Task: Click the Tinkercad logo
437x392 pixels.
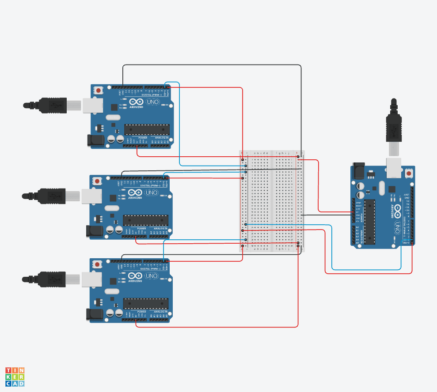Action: click(x=15, y=377)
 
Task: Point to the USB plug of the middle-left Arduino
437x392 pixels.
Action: click(x=44, y=195)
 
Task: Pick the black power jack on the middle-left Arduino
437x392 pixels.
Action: click(x=94, y=231)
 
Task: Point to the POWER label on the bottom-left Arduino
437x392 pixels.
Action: click(x=141, y=312)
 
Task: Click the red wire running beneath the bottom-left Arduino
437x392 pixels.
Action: click(x=217, y=327)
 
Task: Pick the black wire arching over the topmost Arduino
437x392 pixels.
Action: click(x=212, y=65)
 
